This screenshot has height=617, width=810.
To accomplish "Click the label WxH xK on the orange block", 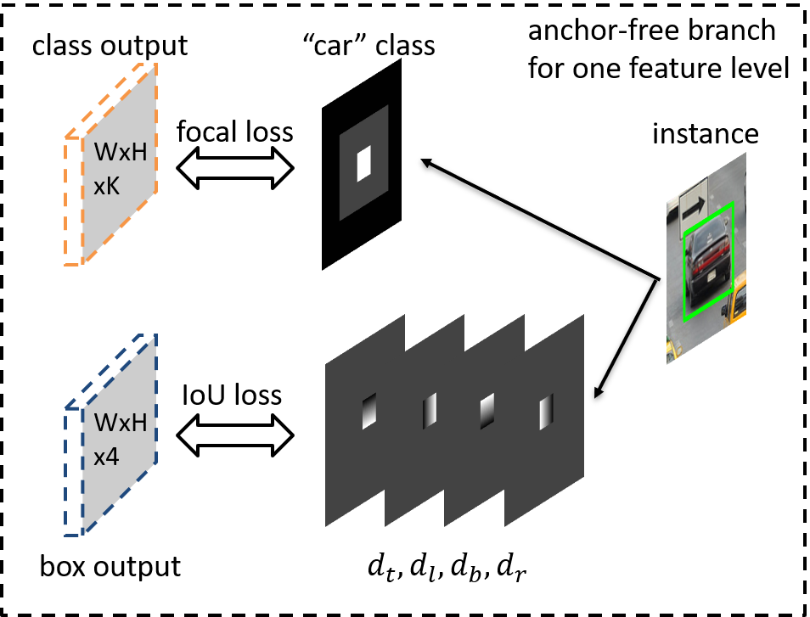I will [x=120, y=169].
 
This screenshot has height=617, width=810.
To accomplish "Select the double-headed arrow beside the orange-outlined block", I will [x=235, y=168].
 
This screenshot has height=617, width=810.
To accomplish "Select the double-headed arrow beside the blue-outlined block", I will [x=235, y=436].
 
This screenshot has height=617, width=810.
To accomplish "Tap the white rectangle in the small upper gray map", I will [x=364, y=163].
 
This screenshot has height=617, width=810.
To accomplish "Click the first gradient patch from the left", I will [x=368, y=412].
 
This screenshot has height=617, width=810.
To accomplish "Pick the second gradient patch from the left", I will [x=430, y=411].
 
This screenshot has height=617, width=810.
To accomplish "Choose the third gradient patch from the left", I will [x=487, y=412].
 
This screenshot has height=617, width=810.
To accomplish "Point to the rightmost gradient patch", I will [x=546, y=412].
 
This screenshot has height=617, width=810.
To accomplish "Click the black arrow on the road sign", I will [x=694, y=205].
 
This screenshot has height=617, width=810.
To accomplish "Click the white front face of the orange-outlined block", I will [x=72, y=201].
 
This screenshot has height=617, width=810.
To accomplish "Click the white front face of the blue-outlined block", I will [x=72, y=471].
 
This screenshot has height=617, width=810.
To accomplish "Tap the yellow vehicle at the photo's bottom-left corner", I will [x=673, y=349].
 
